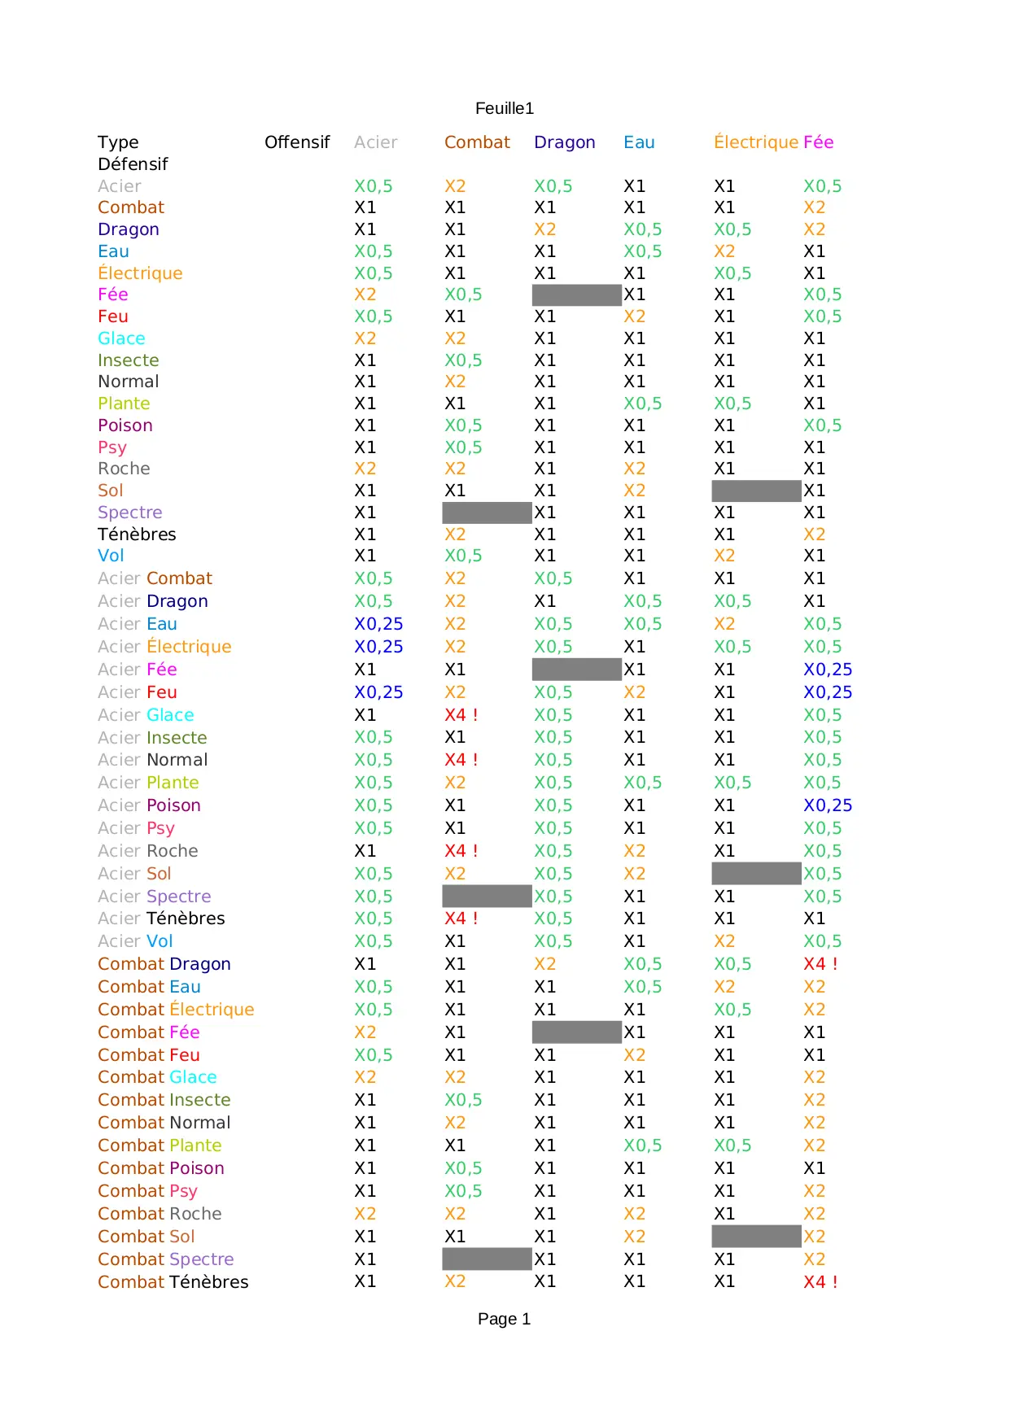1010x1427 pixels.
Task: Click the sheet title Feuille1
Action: click(505, 108)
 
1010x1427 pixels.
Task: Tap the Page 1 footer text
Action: click(504, 1319)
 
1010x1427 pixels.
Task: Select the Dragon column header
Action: click(564, 142)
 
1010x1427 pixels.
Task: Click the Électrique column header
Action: click(756, 142)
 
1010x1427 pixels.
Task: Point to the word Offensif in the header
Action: click(297, 142)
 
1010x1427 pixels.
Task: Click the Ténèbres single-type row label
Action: click(137, 535)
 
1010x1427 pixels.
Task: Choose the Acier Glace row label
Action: click(146, 715)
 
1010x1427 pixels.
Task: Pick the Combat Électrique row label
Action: click(176, 1010)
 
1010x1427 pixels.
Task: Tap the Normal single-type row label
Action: click(129, 382)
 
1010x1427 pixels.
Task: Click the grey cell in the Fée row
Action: click(576, 295)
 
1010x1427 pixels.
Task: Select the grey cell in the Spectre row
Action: click(487, 513)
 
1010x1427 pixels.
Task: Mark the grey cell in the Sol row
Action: click(756, 491)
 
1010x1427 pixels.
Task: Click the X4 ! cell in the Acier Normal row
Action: click(461, 760)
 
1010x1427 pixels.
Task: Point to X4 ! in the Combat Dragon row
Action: click(820, 964)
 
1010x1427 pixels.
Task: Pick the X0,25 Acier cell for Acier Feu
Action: click(378, 692)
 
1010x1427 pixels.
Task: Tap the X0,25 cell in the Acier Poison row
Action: click(828, 805)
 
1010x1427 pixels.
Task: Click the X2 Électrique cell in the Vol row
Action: click(724, 556)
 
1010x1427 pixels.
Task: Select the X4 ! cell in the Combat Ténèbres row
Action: click(820, 1282)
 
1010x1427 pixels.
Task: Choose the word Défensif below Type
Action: click(133, 164)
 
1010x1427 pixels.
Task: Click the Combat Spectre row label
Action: click(166, 1259)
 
